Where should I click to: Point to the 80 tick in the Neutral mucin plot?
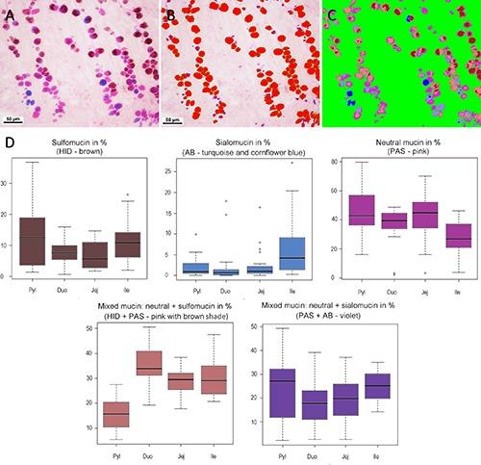338,162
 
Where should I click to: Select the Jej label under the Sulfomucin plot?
96,287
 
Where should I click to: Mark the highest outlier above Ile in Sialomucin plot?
291,163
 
